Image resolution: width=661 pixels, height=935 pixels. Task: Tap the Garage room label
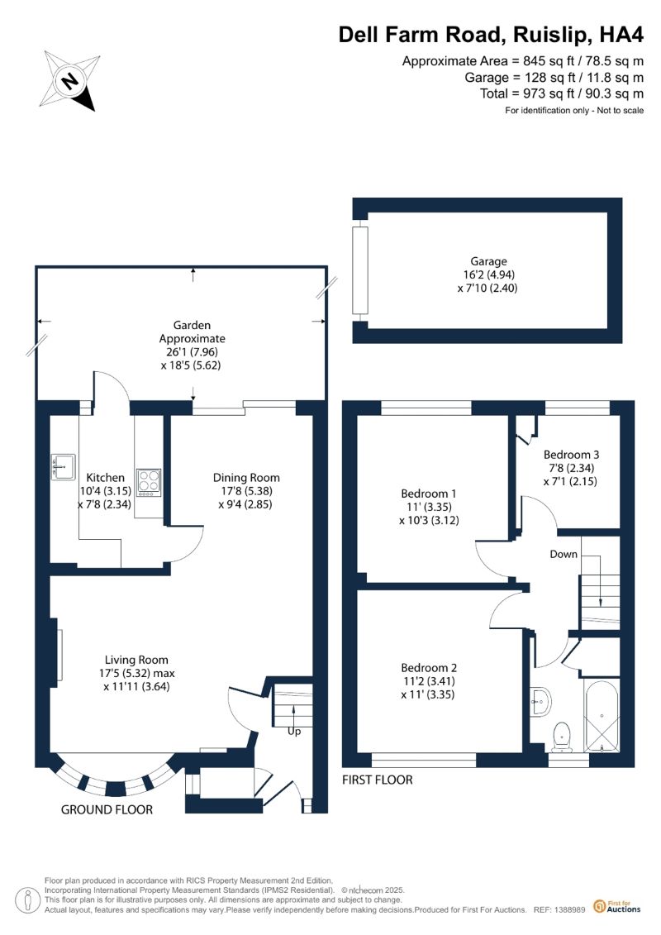point(488,261)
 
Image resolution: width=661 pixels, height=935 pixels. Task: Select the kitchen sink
point(63,466)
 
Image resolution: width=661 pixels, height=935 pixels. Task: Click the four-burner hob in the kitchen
point(149,483)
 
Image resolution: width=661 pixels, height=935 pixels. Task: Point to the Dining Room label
point(246,478)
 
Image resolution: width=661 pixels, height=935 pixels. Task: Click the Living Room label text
point(136,660)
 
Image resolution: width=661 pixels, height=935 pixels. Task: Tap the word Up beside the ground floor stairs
point(294,731)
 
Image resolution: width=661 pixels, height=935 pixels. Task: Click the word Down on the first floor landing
point(564,554)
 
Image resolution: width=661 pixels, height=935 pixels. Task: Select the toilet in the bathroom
point(562,737)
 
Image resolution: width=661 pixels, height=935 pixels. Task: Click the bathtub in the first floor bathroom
point(602,715)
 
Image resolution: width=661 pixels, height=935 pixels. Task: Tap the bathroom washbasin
point(540,703)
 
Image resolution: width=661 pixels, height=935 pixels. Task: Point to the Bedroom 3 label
point(571,455)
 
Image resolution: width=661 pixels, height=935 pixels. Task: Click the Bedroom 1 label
point(429,494)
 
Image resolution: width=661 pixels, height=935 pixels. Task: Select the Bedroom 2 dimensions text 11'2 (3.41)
point(429,681)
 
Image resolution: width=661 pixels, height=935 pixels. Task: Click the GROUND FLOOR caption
point(107,809)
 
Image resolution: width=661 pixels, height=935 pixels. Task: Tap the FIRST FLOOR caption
point(378,780)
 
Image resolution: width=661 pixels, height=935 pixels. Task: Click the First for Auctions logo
point(617,906)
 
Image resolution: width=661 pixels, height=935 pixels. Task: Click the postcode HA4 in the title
point(621,35)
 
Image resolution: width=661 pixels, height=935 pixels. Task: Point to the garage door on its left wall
point(359,270)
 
